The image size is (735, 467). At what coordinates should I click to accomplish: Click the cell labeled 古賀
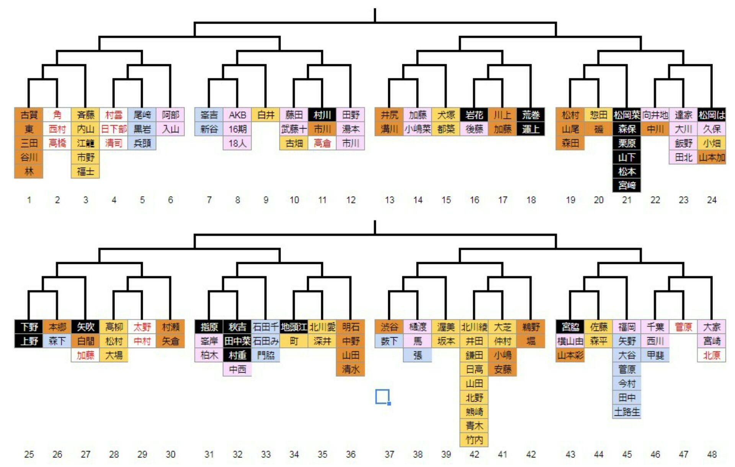click(29, 115)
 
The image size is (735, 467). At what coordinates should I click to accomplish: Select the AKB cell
click(237, 115)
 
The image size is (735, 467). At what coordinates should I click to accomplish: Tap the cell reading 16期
click(237, 129)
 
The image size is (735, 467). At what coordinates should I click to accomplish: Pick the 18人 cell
click(237, 143)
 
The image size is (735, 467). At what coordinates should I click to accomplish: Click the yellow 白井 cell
click(266, 115)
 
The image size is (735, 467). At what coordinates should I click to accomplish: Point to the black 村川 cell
click(322, 115)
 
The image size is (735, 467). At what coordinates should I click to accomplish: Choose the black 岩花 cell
click(474, 115)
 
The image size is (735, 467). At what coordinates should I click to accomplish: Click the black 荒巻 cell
click(531, 115)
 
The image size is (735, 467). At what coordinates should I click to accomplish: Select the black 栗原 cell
click(627, 143)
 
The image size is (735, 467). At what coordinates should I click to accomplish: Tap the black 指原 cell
click(209, 327)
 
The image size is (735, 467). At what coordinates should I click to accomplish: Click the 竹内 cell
click(474, 440)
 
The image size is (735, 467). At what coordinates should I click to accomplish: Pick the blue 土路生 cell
click(627, 412)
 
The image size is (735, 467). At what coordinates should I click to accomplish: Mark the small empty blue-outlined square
click(382, 397)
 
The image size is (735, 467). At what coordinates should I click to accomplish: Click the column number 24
click(712, 200)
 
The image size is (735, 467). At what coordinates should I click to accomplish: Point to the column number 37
click(389, 454)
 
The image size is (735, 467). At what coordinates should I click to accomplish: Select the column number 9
click(266, 200)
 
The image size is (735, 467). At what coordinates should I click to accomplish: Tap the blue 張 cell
click(418, 355)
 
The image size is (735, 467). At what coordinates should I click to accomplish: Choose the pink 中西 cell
click(237, 369)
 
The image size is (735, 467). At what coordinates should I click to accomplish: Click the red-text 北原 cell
click(712, 355)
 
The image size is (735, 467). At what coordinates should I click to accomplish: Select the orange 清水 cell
click(351, 369)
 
